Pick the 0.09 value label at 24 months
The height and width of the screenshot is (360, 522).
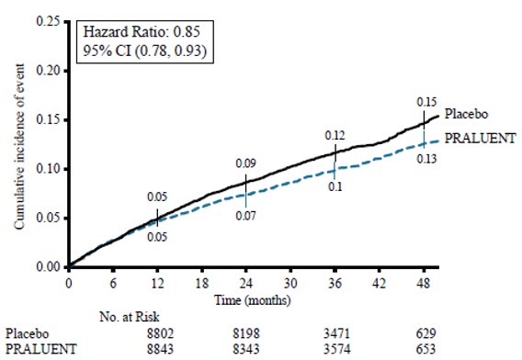click(246, 163)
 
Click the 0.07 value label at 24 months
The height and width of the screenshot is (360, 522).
click(246, 216)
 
